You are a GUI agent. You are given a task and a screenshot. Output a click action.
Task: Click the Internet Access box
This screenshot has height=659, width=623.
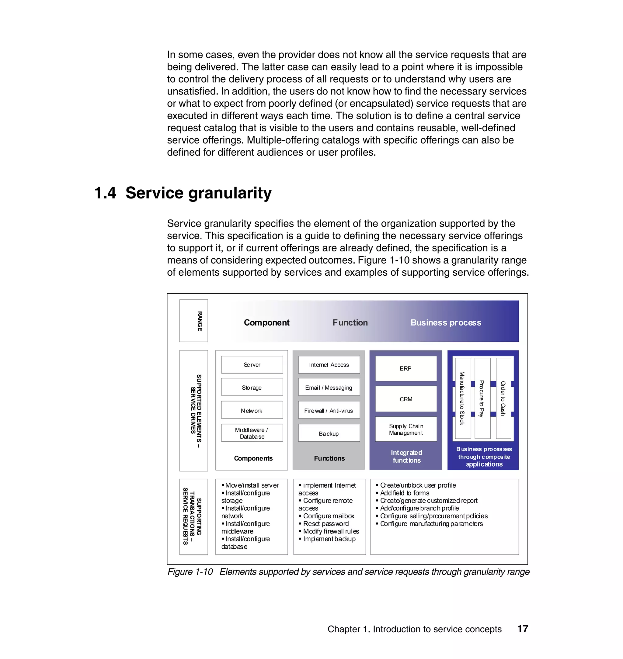coord(329,365)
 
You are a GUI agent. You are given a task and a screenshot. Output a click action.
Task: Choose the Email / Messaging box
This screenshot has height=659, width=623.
coord(329,387)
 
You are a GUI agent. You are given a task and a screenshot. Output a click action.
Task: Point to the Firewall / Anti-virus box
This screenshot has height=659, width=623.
coord(329,410)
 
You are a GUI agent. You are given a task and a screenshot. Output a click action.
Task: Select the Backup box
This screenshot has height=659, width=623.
coord(329,433)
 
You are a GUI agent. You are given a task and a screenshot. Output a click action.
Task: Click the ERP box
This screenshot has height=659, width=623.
coord(405,368)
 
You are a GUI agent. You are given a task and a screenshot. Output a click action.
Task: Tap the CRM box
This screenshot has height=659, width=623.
coord(405,399)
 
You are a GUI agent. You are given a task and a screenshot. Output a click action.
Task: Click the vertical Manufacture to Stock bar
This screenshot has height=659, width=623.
coord(463,398)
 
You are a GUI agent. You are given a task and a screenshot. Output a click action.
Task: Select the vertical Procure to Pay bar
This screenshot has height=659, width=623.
coord(482,398)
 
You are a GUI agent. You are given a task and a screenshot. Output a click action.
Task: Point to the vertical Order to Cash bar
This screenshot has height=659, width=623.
coord(503,398)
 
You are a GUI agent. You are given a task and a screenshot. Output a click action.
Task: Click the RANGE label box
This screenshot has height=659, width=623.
coord(193,321)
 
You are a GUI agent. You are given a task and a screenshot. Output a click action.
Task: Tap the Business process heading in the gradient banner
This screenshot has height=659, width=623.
coord(446,323)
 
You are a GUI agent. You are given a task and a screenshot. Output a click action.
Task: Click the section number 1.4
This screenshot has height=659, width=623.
coord(105,193)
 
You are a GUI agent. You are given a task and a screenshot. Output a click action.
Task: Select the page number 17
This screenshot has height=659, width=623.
coord(522,629)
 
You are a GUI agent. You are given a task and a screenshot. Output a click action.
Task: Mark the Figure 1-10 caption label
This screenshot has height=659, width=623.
coord(190,572)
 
